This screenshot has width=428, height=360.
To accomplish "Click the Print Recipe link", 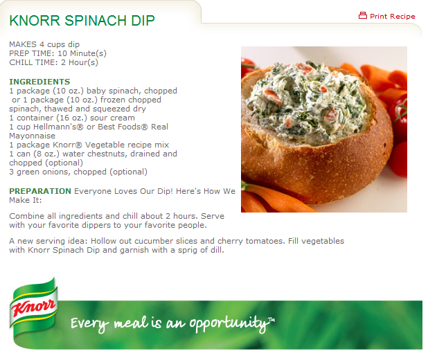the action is point(392,17).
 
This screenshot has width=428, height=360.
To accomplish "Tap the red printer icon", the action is point(362,15).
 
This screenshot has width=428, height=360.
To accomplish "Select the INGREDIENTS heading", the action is point(39,82).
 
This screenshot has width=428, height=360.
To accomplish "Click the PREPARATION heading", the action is point(40,191).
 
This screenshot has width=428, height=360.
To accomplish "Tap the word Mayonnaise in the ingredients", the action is point(33,136).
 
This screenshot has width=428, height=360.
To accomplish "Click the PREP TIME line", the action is point(58,53).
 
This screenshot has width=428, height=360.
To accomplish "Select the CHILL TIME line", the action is point(53,62).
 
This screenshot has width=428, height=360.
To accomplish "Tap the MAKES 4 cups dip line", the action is point(44,44).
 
